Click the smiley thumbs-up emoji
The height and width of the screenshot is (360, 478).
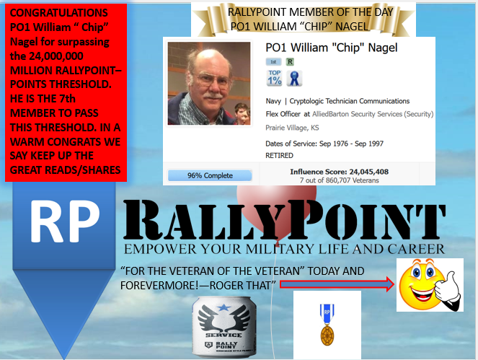[430, 286]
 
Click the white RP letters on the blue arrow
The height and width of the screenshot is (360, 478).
[64, 220]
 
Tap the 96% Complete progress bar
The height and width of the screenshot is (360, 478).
[210, 175]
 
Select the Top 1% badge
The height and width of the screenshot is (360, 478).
[275, 78]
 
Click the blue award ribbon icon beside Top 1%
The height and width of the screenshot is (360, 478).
[294, 78]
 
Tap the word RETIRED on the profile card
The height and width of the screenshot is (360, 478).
[280, 155]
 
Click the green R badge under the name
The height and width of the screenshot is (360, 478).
[290, 63]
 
